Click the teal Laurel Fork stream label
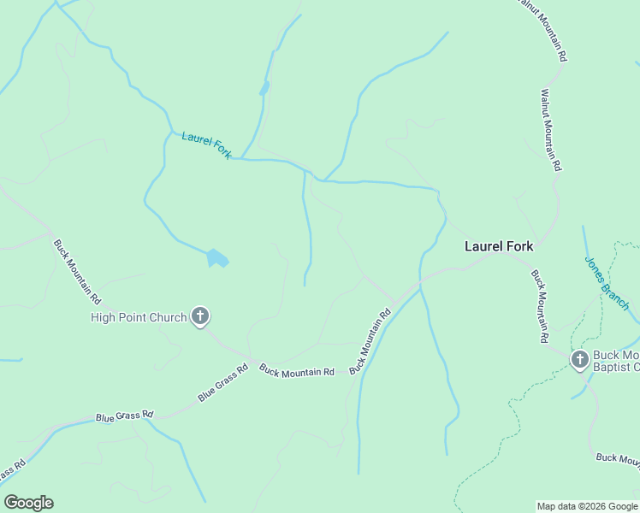click(206, 145)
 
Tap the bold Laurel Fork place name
click(498, 246)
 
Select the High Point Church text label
click(139, 318)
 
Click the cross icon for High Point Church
click(200, 317)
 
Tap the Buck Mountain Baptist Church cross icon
click(579, 359)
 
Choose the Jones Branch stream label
click(607, 282)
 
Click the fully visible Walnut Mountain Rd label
click(551, 131)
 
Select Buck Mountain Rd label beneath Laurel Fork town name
click(539, 306)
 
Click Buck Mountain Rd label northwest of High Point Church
click(77, 272)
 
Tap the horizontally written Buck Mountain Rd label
click(297, 371)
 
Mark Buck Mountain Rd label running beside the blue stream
click(370, 339)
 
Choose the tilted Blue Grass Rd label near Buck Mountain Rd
click(222, 383)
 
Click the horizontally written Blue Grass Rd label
click(124, 416)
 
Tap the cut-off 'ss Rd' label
click(10, 472)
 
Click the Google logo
click(28, 503)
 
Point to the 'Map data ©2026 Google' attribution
click(586, 506)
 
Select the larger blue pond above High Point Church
click(217, 257)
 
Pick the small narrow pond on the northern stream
click(264, 88)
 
